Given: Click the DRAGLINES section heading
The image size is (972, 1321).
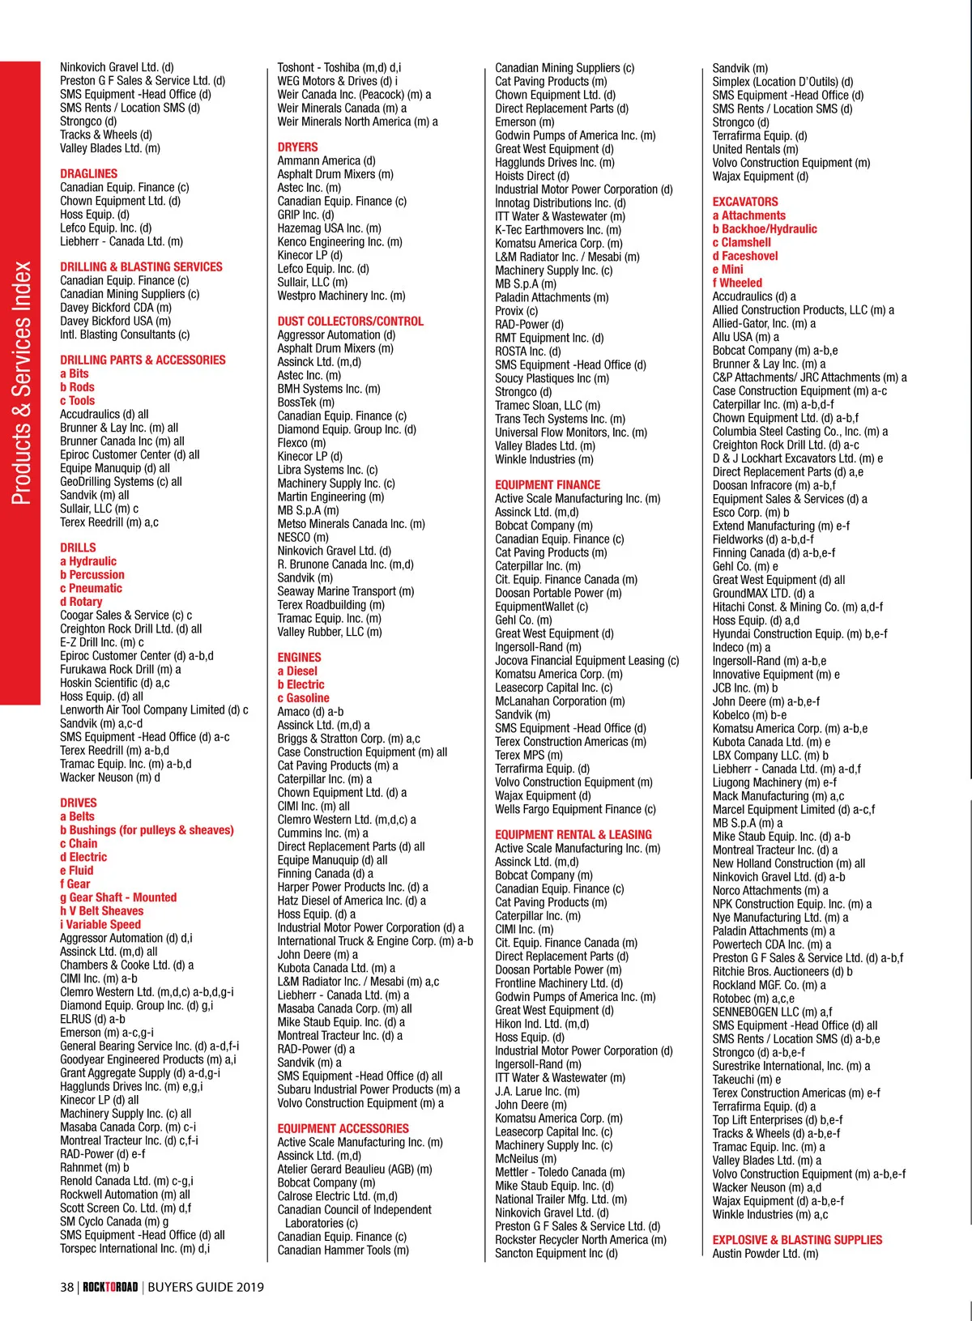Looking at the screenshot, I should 88,173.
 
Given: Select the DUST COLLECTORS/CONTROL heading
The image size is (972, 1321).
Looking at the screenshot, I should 350,321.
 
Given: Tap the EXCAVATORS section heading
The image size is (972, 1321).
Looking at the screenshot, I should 744,202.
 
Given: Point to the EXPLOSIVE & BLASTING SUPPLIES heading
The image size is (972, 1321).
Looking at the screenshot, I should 797,1239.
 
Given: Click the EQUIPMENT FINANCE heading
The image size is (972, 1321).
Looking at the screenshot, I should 548,485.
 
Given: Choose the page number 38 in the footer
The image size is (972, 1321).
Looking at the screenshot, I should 67,1286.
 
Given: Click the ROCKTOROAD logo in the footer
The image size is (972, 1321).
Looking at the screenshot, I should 110,1286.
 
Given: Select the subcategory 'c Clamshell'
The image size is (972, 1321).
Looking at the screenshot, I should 741,242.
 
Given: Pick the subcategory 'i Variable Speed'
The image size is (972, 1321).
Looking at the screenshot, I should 100,924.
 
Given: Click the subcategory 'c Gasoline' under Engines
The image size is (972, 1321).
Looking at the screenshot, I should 303,697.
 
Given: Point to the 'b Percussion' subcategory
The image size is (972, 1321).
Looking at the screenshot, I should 92,574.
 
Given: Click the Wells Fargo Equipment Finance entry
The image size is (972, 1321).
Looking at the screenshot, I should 575,809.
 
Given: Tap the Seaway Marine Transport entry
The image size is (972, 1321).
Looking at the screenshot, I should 346,591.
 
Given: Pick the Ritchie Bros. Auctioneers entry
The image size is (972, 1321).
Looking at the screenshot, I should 782,971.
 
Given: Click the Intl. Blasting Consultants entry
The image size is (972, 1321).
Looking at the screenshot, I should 125,335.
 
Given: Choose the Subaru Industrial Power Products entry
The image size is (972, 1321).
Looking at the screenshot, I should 369,1089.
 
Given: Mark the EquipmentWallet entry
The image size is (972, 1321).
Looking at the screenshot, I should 541,607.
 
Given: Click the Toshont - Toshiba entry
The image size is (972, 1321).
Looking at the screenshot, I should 339,67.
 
